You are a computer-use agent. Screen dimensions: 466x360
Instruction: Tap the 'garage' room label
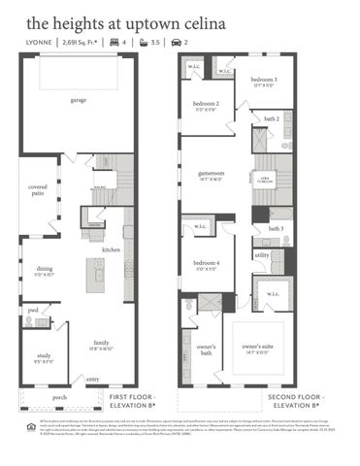coord(78,100)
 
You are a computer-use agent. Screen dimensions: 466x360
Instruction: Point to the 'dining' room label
coord(45,268)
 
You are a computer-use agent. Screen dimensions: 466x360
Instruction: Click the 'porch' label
coord(60,397)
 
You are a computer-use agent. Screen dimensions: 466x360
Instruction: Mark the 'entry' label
coord(93,380)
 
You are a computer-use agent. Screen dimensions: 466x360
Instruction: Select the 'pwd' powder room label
coord(32,311)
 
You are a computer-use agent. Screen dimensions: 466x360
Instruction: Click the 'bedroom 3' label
coord(264,79)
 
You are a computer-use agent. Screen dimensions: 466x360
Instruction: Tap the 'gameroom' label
coord(212,173)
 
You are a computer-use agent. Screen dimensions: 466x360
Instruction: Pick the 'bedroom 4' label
coord(205,263)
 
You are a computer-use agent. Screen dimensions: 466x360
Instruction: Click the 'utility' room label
coord(262,255)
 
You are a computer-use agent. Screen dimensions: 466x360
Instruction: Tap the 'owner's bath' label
coord(206,349)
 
